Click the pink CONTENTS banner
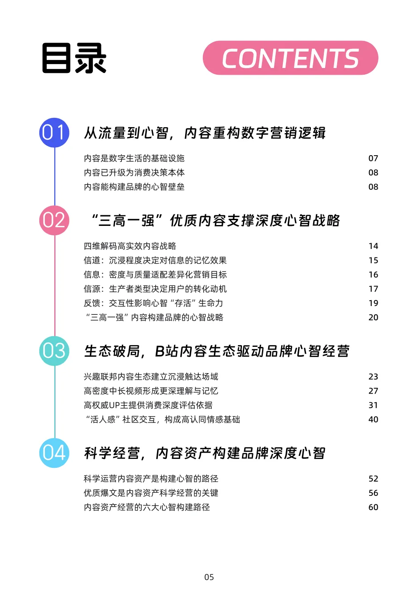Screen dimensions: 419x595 point(290,58)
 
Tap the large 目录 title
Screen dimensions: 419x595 point(74,58)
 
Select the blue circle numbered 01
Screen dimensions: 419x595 point(54,133)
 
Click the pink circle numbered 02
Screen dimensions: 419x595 point(54,220)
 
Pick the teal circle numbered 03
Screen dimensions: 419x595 point(54,351)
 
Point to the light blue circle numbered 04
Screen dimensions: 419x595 point(54,453)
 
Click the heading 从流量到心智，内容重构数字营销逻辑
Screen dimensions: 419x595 point(205,133)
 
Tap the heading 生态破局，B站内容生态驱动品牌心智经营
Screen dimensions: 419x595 point(217,351)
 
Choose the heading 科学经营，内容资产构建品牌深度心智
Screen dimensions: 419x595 point(205,453)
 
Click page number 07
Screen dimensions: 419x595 point(373,158)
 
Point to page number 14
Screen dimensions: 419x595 point(373,246)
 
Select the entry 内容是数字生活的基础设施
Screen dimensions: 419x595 point(134,158)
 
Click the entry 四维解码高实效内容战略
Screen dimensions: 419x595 point(130,246)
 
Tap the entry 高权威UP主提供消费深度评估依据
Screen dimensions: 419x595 point(148,405)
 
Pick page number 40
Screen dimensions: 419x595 point(373,419)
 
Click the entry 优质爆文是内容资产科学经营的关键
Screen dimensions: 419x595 point(151,493)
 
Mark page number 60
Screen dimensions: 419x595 point(373,507)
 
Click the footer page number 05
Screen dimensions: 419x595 point(209,577)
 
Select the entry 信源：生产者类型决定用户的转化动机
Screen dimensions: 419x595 point(155,289)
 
